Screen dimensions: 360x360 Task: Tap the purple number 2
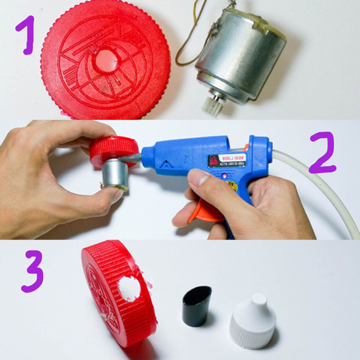322,153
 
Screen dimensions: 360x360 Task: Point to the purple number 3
33,272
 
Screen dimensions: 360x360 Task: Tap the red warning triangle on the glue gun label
214,161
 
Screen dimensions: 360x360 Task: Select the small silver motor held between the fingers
115,174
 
